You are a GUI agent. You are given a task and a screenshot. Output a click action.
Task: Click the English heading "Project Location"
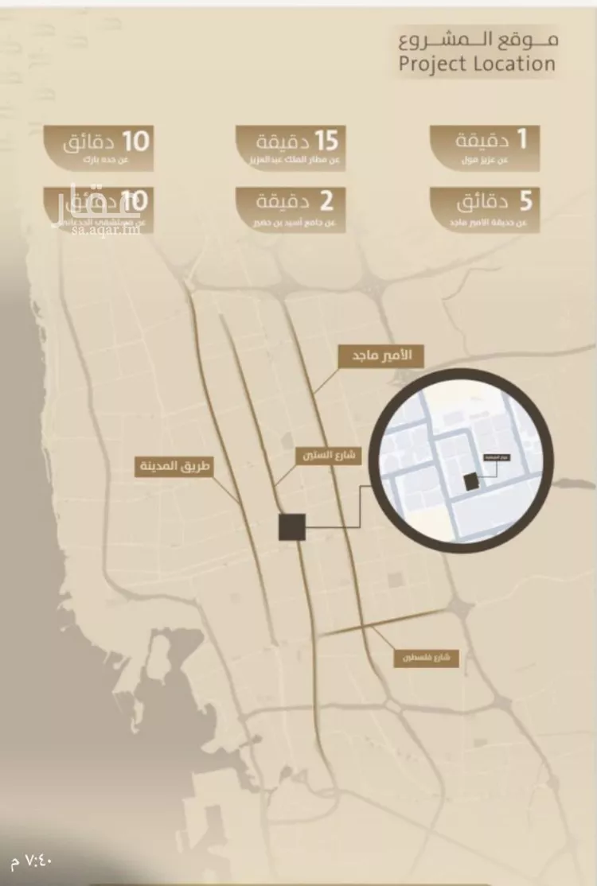478,64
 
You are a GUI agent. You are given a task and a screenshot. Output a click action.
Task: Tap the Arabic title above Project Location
478,38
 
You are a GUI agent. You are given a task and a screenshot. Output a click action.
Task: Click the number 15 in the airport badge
326,141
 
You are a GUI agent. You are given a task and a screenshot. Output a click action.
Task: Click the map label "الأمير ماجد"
381,356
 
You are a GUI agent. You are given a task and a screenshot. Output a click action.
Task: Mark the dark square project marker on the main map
292,527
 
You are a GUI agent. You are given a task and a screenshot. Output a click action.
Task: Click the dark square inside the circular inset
471,481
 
